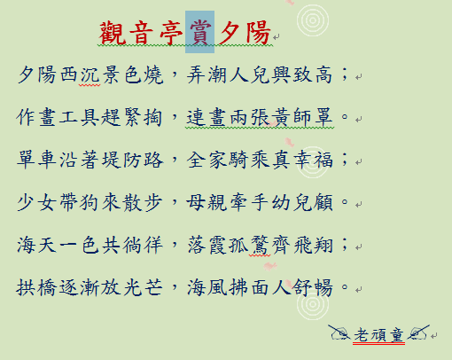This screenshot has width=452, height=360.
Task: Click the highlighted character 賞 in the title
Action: pos(200,33)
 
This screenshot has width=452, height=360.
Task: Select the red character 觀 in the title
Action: pos(111,33)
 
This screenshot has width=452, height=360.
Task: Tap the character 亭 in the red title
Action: pos(171,33)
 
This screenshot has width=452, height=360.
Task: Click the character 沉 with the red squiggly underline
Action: pos(90,74)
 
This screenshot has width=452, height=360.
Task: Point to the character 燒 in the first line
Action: pos(153,74)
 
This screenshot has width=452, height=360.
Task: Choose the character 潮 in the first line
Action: pos(217,74)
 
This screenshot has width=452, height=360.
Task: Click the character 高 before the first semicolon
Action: pos(323,74)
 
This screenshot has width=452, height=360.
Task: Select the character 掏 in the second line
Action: pos(153,117)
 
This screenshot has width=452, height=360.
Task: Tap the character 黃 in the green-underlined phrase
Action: pos(281,117)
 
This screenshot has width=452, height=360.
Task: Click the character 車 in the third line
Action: pos(47,160)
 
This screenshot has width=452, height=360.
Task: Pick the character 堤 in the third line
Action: pos(111,160)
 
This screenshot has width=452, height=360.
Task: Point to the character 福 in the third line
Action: pos(323,160)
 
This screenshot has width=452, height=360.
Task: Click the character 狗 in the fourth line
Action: pos(90,202)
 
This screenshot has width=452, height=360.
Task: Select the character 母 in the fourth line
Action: pos(196,202)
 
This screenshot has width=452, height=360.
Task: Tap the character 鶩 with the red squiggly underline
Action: pos(260,245)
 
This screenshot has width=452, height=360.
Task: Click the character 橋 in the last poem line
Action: pos(47,287)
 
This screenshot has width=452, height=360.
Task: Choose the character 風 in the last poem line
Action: pos(217,287)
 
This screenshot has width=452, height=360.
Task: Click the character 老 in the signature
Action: pos(362,335)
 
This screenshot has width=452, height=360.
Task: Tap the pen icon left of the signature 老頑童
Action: pos(339,333)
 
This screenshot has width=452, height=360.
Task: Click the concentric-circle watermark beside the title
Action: pos(313,20)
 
